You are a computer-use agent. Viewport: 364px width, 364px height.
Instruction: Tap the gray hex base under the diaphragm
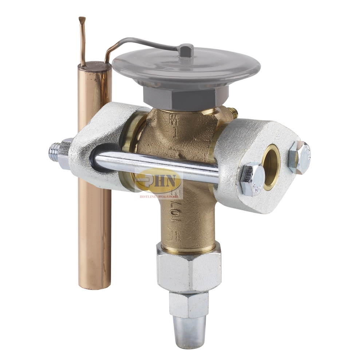tap(186, 97)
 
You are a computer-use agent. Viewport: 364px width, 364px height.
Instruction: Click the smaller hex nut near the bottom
tap(189, 304)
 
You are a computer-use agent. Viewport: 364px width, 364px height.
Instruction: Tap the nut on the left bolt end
tap(66, 153)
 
